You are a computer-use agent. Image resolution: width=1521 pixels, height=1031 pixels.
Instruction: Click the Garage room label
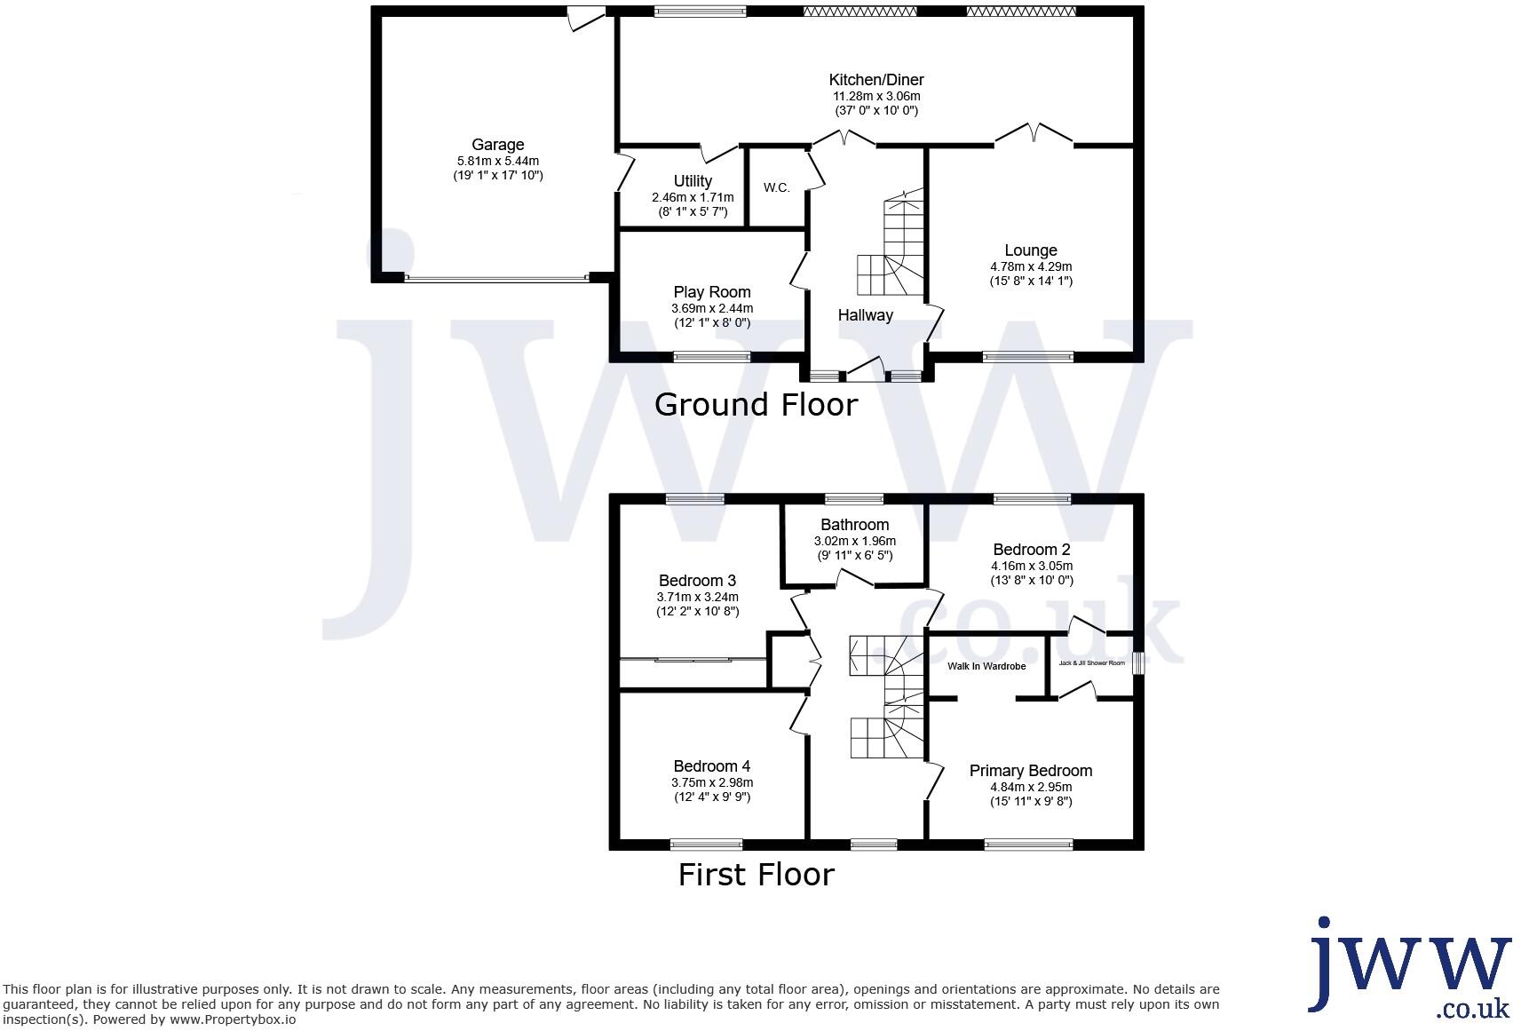coord(497,145)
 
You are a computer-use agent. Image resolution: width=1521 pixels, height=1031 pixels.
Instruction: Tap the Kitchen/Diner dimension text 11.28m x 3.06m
coord(875,96)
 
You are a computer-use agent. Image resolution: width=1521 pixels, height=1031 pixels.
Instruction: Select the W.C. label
coord(776,188)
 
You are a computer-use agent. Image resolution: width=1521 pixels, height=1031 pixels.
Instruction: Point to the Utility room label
coord(693,181)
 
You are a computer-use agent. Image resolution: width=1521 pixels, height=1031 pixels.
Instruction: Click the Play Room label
coord(711,292)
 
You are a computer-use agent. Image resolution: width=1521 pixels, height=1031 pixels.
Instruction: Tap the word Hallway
coord(865,315)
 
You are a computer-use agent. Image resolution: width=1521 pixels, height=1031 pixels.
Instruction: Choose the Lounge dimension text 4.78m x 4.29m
coord(1031,266)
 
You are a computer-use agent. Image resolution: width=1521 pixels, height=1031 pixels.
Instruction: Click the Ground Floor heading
coord(756,405)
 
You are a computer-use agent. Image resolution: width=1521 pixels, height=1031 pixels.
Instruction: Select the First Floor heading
coord(756,875)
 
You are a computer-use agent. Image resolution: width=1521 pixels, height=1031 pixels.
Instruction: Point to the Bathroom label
coord(854,525)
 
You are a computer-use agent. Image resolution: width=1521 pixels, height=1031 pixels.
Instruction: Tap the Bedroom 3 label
coord(697,582)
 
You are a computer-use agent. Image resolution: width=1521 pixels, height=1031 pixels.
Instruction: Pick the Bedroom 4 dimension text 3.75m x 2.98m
coord(711,782)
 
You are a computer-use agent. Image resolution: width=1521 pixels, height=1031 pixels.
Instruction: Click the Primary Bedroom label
coord(1030,771)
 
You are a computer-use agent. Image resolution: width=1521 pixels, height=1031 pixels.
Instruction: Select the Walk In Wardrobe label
coord(986,666)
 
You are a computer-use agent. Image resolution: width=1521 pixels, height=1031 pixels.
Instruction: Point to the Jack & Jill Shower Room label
coord(1091,663)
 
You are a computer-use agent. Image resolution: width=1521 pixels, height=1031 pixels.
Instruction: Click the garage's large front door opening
coord(495,278)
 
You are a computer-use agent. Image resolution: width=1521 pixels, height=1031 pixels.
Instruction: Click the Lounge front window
coord(1027,357)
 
